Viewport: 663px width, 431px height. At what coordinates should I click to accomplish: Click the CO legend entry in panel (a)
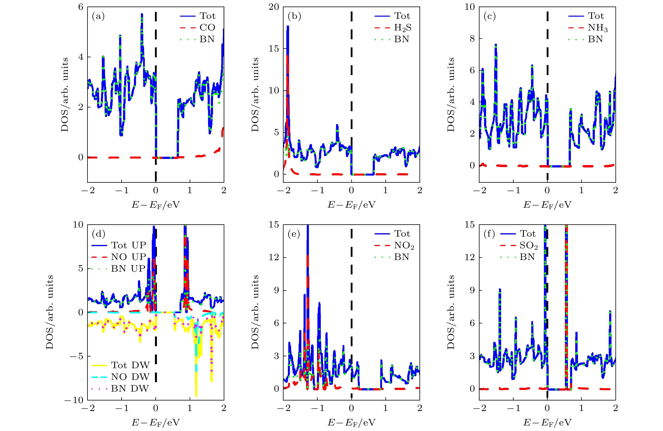coord(207,28)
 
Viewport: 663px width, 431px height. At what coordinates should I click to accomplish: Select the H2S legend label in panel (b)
coord(403,28)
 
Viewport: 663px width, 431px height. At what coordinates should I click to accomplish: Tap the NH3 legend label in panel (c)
coord(598,28)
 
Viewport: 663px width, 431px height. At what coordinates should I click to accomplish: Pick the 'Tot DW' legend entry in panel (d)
coord(130,365)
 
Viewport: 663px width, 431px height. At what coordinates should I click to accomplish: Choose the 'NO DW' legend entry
coord(130,377)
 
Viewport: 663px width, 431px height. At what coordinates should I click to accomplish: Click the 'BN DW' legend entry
coord(130,388)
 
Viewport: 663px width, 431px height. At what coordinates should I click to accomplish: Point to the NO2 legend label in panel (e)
coord(404,246)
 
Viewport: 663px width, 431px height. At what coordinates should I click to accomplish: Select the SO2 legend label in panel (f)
coord(528,246)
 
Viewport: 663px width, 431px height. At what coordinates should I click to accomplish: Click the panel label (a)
coord(98,16)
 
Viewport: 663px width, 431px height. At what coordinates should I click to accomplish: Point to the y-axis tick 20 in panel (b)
coord(274,7)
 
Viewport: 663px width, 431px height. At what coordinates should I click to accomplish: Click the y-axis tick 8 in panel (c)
coord(472,38)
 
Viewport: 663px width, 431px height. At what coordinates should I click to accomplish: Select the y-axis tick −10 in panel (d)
coord(74,400)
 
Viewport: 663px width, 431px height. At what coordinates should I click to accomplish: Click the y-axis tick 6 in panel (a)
coord(81,7)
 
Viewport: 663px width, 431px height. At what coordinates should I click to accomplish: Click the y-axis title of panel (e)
coord(255,312)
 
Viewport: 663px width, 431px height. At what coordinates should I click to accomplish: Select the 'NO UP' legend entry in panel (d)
coord(128,257)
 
